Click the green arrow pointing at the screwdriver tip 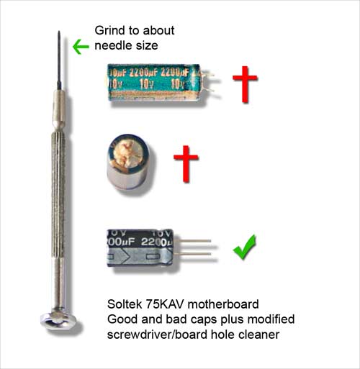click(81, 47)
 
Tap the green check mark click(245, 247)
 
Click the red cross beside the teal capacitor click(245, 84)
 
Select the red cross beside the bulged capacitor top click(186, 163)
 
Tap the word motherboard click(223, 304)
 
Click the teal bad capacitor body click(153, 83)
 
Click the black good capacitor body click(140, 248)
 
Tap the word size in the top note click(147, 45)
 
